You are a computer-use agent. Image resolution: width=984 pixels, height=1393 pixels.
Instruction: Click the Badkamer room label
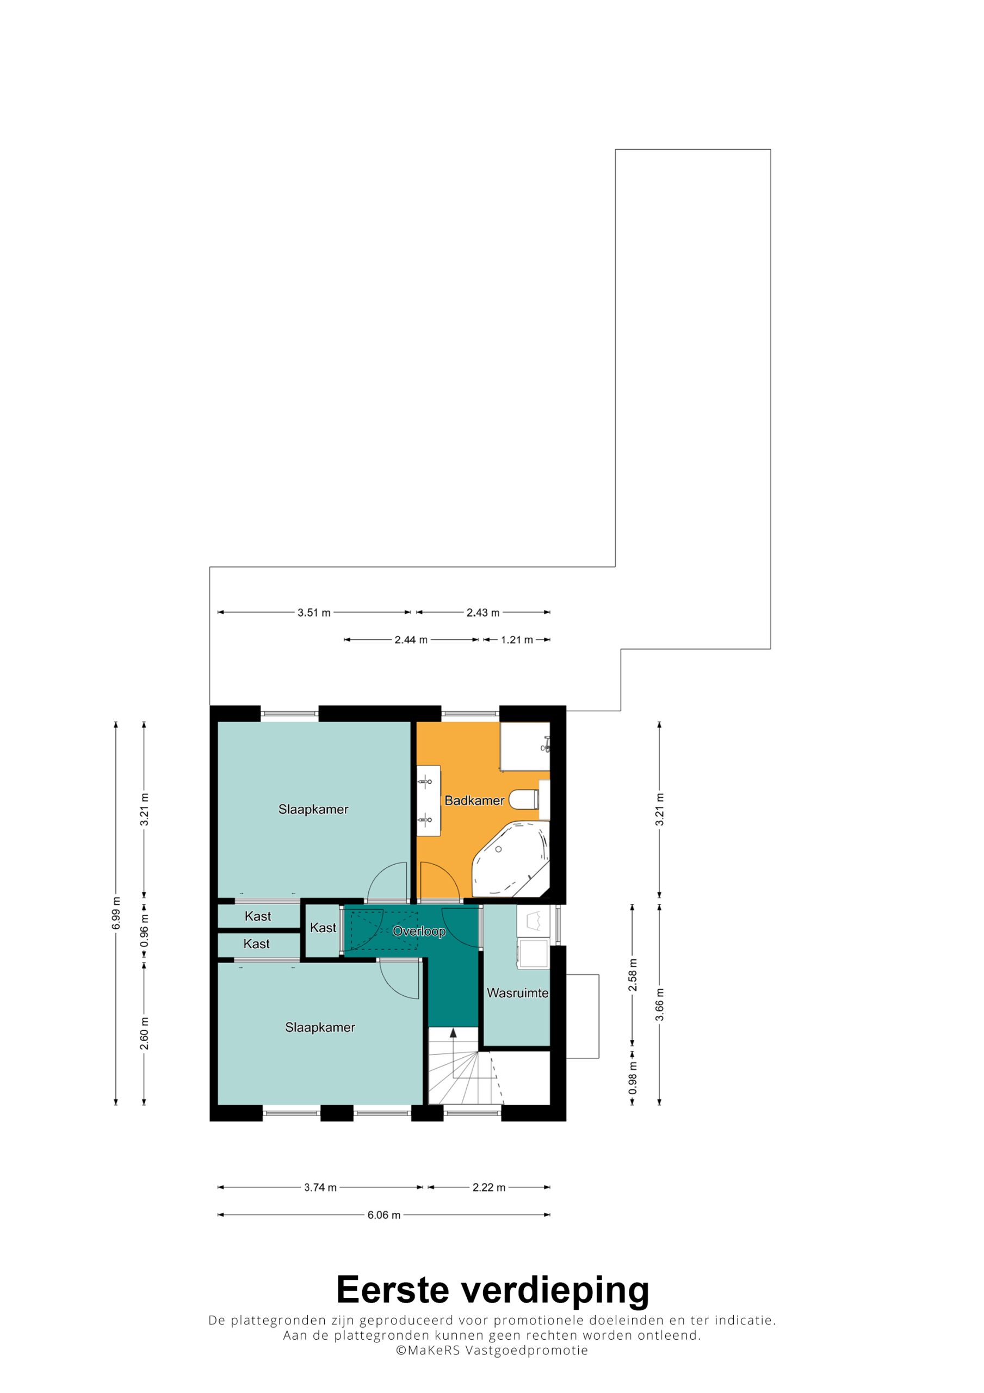click(474, 800)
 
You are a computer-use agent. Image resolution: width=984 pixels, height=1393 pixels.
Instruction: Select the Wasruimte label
click(517, 993)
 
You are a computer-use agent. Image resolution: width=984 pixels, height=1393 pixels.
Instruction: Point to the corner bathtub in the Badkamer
click(511, 859)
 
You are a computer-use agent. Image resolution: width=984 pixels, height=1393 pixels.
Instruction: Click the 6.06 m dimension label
click(383, 1215)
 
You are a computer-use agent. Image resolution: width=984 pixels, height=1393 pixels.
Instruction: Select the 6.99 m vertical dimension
click(116, 913)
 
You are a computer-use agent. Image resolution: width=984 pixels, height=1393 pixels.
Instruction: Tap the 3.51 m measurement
click(314, 612)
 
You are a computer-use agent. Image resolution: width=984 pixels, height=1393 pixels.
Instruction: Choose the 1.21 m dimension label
click(517, 639)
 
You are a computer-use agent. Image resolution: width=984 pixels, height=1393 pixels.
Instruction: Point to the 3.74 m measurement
click(320, 1187)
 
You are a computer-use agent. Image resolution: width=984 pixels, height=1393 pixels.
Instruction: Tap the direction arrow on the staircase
click(453, 1033)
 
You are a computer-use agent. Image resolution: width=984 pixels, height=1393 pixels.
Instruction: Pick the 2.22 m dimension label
click(489, 1187)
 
